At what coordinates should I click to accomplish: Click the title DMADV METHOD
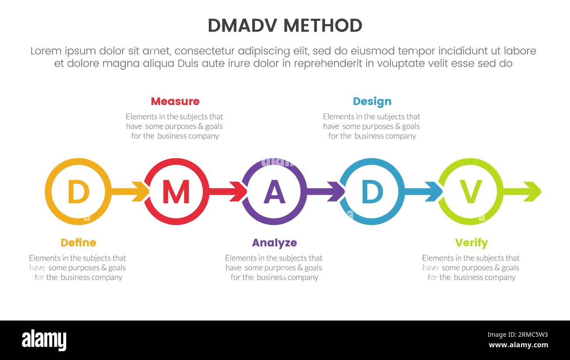click(285, 26)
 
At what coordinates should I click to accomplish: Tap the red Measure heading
click(175, 101)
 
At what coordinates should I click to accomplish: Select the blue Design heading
click(372, 101)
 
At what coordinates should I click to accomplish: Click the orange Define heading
click(78, 242)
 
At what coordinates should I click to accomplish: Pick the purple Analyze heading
click(274, 242)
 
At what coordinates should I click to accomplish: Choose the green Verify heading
click(471, 242)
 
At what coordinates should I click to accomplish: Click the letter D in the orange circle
click(78, 192)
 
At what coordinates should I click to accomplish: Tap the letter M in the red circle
click(176, 192)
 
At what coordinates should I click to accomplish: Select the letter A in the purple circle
click(274, 192)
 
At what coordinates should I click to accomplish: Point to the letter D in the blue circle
click(372, 192)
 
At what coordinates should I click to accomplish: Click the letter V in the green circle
click(470, 192)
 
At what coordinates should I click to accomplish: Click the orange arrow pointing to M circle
click(130, 192)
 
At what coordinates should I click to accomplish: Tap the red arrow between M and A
click(228, 192)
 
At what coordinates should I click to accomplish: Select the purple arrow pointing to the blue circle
click(326, 192)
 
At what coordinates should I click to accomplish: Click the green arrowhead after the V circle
click(533, 192)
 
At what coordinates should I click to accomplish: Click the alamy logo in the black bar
click(44, 340)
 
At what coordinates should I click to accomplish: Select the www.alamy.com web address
click(518, 345)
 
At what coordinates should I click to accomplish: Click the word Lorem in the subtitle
click(46, 51)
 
